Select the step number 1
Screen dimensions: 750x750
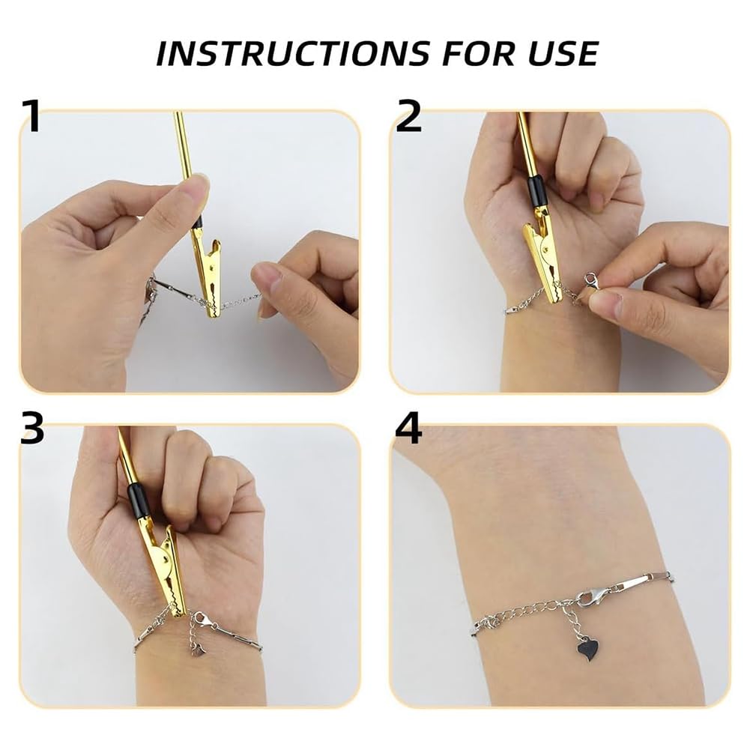click(x=31, y=117)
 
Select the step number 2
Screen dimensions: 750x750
click(x=409, y=117)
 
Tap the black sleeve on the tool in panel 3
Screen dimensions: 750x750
click(x=139, y=500)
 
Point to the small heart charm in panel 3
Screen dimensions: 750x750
click(x=199, y=649)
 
